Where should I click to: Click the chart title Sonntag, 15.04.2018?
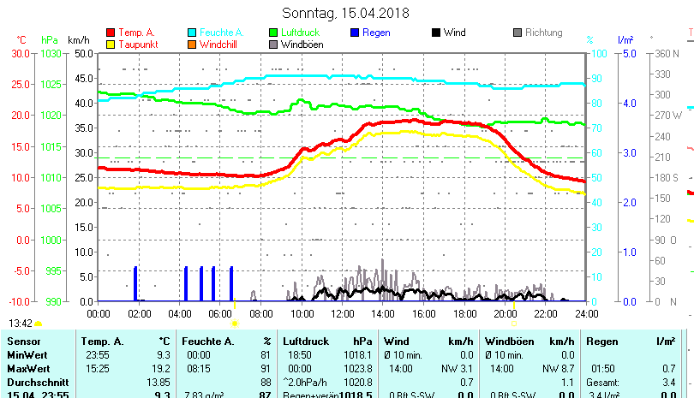(346, 13)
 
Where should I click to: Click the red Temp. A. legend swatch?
(111, 33)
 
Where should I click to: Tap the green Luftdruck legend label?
(303, 33)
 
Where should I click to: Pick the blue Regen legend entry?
(377, 33)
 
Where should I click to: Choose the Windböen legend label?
(302, 45)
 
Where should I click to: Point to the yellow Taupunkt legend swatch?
(111, 45)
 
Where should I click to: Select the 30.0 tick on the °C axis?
(21, 53)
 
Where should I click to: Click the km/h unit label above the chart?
(79, 39)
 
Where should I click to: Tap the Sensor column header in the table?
(23, 341)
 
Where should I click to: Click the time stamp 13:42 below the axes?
(21, 324)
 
